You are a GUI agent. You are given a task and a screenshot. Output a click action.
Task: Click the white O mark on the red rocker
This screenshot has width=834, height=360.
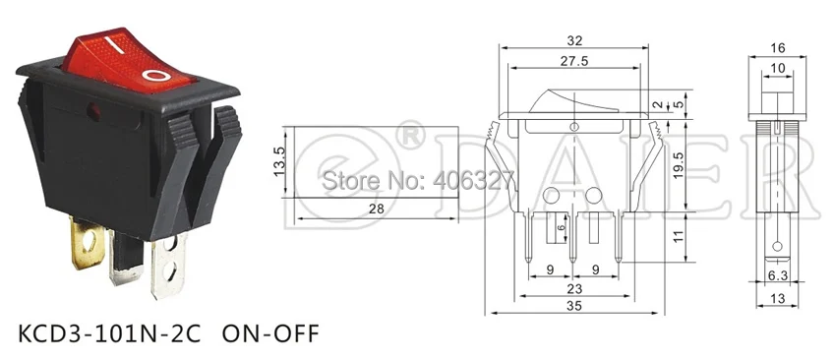tap(156, 75)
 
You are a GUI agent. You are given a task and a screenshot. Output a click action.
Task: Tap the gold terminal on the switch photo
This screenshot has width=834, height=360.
tap(87, 245)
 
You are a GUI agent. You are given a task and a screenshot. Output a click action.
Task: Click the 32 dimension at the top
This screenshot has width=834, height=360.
tap(574, 40)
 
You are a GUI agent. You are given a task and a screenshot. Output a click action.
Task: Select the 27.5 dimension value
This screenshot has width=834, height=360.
tap(574, 61)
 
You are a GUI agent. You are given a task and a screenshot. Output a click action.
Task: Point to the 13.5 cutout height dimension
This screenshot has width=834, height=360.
tap(279, 162)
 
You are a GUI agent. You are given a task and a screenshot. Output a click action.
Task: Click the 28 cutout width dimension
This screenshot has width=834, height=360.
tap(376, 209)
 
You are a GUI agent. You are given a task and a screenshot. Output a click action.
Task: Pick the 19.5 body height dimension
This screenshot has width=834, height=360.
tap(679, 165)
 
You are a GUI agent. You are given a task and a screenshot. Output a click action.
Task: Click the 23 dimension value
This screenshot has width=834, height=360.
tap(574, 289)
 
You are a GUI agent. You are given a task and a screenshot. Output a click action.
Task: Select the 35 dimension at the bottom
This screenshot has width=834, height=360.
tap(574, 306)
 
